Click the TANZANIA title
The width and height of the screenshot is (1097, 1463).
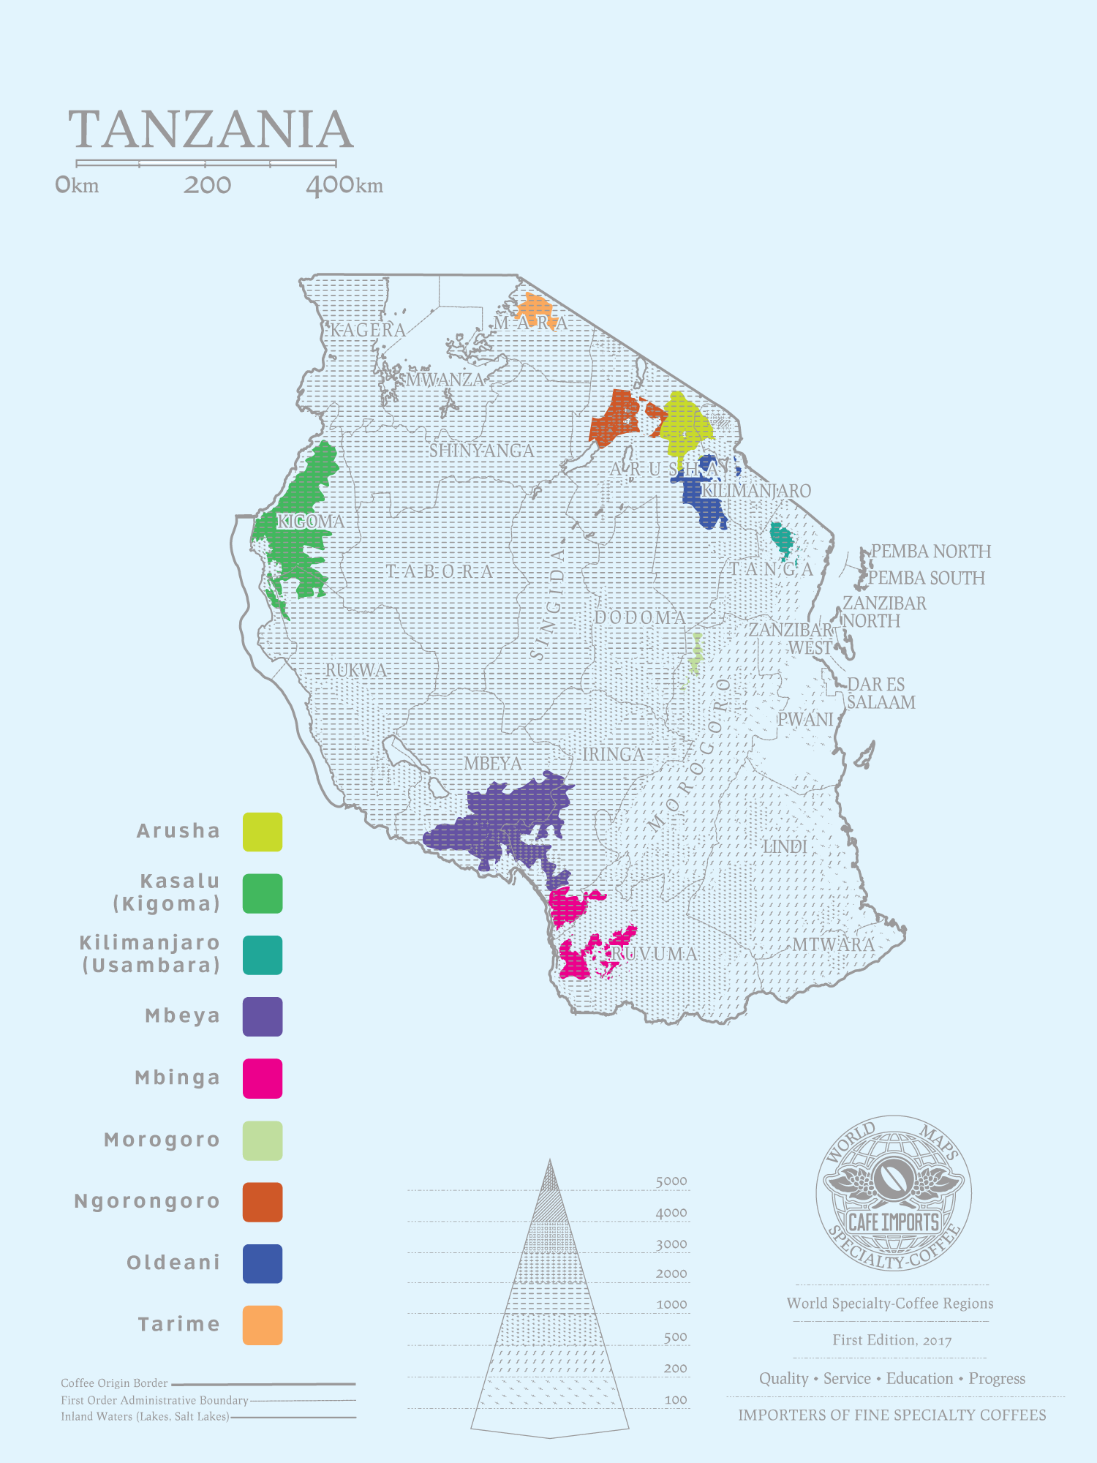211,129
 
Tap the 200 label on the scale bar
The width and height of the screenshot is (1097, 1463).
207,185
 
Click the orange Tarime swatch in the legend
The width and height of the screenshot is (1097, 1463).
263,1325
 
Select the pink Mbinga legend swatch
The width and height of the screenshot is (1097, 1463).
263,1078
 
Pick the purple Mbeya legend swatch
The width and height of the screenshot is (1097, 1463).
263,1016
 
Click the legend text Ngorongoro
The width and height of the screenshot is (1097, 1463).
147,1201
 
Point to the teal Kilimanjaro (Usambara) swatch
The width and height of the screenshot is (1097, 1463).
263,955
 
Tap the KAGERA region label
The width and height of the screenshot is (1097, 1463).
368,330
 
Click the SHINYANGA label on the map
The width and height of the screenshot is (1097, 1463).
481,451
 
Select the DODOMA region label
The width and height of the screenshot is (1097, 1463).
640,617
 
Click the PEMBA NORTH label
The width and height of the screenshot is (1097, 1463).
930,552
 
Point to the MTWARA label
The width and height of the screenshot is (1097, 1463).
833,944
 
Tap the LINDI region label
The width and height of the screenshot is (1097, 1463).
785,846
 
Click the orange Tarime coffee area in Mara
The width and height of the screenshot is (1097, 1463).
535,307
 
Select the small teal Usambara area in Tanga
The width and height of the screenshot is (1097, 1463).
782,539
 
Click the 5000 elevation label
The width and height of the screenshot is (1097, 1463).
671,1181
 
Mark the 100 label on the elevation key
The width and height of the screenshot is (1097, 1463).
676,1399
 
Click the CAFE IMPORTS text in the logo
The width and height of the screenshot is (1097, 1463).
893,1222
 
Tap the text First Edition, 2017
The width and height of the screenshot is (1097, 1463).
891,1340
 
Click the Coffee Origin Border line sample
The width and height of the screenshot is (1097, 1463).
263,1384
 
